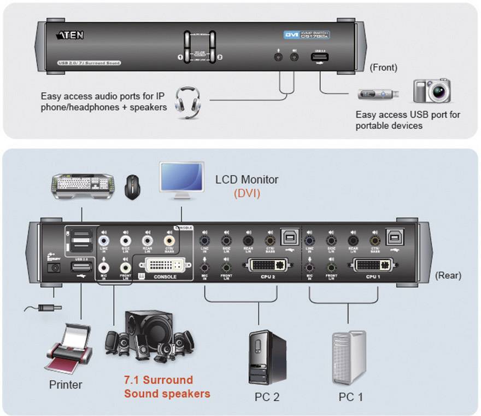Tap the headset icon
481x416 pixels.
(x=187, y=102)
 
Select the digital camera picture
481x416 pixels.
(x=431, y=91)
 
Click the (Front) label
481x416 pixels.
(x=383, y=68)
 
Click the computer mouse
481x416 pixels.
(x=131, y=187)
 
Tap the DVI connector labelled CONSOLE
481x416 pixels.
(x=165, y=266)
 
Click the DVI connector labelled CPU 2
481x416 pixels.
(x=268, y=266)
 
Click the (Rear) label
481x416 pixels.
(x=448, y=275)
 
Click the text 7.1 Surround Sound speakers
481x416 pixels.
(x=167, y=386)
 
